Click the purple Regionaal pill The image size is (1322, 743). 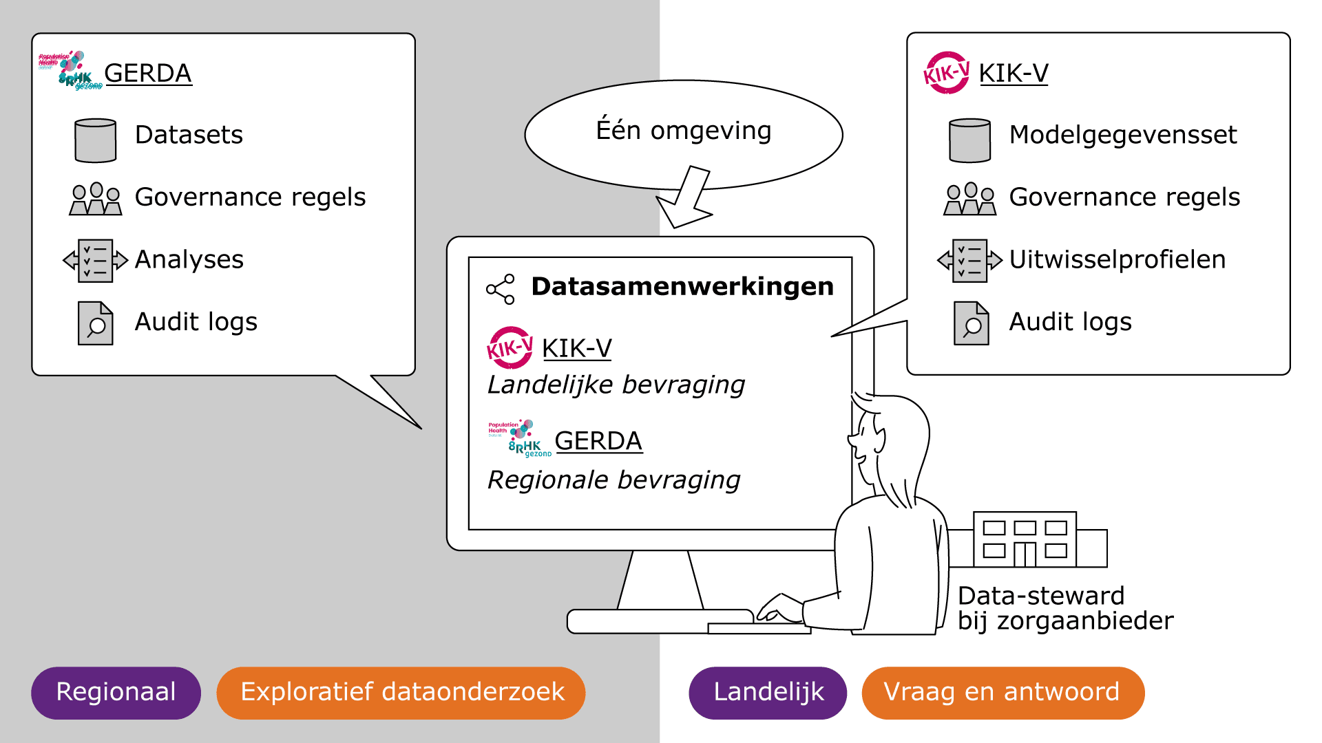tap(116, 692)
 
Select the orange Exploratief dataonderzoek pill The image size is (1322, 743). tap(401, 692)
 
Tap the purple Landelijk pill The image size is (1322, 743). tap(768, 692)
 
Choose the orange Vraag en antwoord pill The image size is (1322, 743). tap(1003, 692)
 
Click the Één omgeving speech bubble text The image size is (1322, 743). tap(683, 131)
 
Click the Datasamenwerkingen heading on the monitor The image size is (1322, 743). tap(682, 286)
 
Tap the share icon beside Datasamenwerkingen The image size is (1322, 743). tap(501, 289)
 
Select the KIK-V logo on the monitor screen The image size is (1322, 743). tap(510, 347)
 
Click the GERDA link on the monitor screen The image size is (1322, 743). tap(598, 441)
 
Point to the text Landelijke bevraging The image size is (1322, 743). tap(616, 385)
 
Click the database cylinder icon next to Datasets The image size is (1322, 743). tap(96, 140)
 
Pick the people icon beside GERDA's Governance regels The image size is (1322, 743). tap(96, 199)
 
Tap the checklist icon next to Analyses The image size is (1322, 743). tap(96, 260)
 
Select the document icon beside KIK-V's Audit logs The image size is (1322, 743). tap(971, 323)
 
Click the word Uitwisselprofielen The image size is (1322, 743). tap(1117, 259)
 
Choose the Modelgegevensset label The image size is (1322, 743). tap(1122, 135)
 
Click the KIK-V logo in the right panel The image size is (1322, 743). tap(947, 72)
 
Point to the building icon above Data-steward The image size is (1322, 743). tap(1025, 539)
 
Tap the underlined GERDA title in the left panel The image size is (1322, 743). tap(147, 73)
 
